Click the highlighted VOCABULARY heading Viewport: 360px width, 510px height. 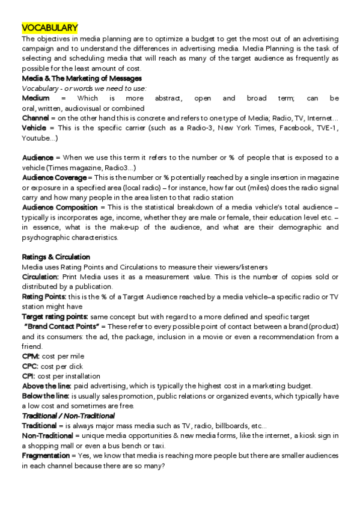[x=50, y=28]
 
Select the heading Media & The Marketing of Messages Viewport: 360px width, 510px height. [x=82, y=78]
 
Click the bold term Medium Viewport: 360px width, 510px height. [x=35, y=98]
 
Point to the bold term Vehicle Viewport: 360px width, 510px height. [x=35, y=128]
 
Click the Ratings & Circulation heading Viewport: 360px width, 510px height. [x=56, y=257]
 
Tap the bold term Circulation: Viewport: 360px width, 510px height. [x=40, y=277]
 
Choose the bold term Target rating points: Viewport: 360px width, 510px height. [x=55, y=316]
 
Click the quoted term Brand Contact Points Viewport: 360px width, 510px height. [x=65, y=326]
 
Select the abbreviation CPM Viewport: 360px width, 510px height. [x=31, y=356]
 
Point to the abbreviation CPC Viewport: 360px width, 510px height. [x=30, y=366]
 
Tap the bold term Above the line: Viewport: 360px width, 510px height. [x=47, y=386]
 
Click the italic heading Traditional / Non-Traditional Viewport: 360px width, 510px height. [x=69, y=416]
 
